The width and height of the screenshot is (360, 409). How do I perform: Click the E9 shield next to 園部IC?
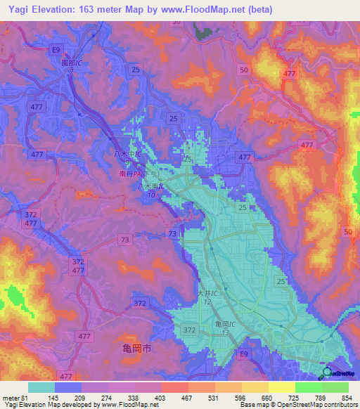click(x=55, y=49)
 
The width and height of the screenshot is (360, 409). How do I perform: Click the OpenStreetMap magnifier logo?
click(x=327, y=372)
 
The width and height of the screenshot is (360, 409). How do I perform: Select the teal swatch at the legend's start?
click(x=40, y=387)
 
